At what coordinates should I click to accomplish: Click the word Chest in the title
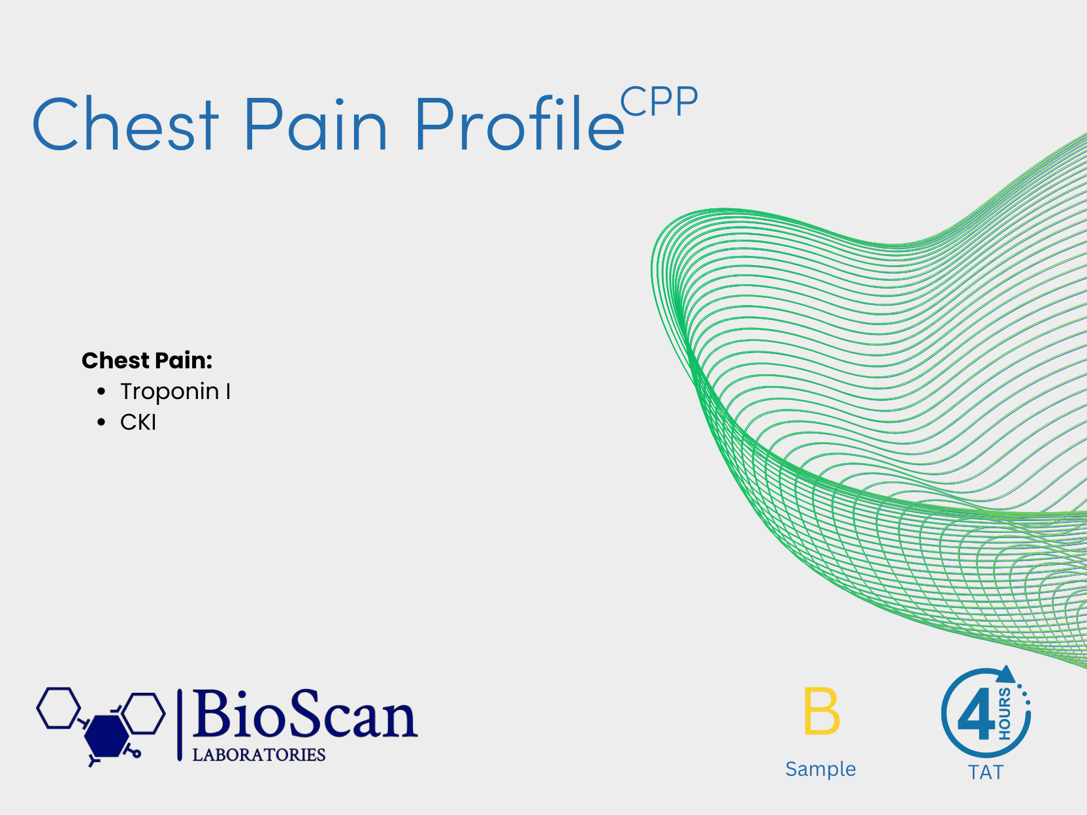click(x=125, y=123)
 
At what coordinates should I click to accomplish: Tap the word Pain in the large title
click(x=316, y=123)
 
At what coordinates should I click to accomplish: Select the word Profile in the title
click(x=520, y=123)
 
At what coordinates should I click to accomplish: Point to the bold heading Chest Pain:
click(x=147, y=360)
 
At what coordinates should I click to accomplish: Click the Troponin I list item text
click(x=175, y=392)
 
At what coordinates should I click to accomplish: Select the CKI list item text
click(x=138, y=423)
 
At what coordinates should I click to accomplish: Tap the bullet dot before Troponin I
click(x=101, y=392)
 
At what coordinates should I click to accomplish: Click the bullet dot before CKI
click(x=101, y=423)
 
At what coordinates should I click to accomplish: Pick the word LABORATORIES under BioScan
click(x=259, y=755)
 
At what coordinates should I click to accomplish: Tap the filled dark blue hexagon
click(x=106, y=736)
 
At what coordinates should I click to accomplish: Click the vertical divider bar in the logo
click(x=180, y=725)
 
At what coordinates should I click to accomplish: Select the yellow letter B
click(x=821, y=711)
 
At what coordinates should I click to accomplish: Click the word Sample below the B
click(x=820, y=769)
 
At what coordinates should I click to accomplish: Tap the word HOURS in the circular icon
click(x=1005, y=714)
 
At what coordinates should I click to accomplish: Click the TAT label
click(x=986, y=773)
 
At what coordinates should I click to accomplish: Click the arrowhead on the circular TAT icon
click(x=1006, y=675)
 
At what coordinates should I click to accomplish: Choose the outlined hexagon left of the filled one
click(x=58, y=708)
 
